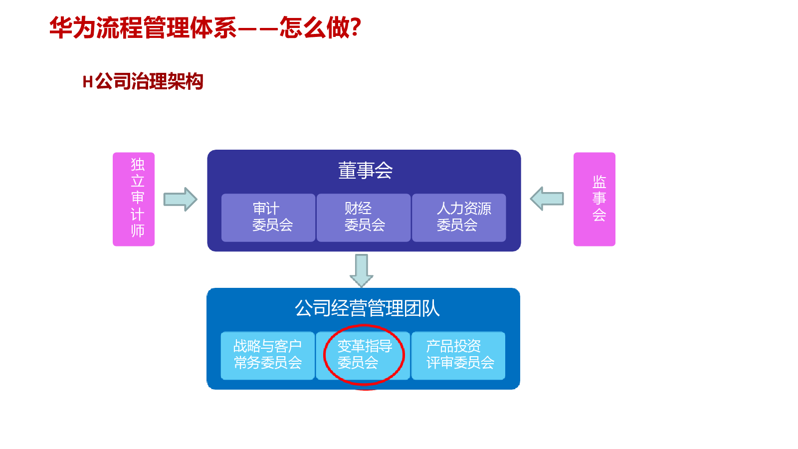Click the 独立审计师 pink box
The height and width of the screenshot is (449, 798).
tap(134, 199)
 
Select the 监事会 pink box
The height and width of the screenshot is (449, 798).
tap(594, 199)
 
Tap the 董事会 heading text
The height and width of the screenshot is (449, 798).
tap(365, 171)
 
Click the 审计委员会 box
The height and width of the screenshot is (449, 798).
tap(268, 218)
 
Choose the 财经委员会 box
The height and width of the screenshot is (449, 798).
tap(364, 218)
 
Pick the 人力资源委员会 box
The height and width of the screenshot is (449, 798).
tap(459, 218)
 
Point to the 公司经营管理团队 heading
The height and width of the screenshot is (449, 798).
tap(367, 308)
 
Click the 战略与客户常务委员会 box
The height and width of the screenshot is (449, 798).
tap(268, 355)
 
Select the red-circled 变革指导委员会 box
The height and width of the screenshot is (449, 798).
tap(364, 355)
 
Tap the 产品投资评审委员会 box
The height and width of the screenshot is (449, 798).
tap(458, 355)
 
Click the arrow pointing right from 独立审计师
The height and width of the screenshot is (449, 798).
tap(180, 199)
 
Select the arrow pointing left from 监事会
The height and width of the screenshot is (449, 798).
tap(547, 199)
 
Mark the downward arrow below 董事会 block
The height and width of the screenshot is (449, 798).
tap(362, 270)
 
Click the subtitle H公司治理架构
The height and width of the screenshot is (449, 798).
tap(143, 81)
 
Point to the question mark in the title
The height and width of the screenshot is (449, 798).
tap(356, 27)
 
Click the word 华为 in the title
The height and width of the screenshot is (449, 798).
tap(72, 27)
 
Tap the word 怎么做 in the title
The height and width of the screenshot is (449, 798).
tap(314, 27)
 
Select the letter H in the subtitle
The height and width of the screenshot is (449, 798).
tap(88, 82)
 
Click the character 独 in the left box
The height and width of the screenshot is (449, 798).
tap(138, 164)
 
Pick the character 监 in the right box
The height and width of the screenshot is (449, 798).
tap(599, 181)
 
